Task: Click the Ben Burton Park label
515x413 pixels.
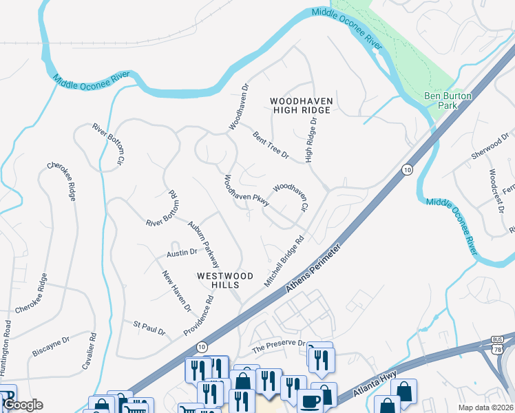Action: [x=449, y=101]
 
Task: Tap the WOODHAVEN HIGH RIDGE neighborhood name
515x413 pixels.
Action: [x=302, y=105]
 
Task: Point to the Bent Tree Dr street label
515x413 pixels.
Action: [x=270, y=146]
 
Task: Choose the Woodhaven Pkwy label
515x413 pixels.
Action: [x=245, y=191]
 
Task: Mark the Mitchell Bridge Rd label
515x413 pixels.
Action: [x=284, y=262]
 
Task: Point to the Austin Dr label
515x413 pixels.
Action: [x=182, y=254]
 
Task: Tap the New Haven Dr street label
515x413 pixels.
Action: [x=176, y=291]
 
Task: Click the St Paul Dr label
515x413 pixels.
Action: [x=149, y=327]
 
